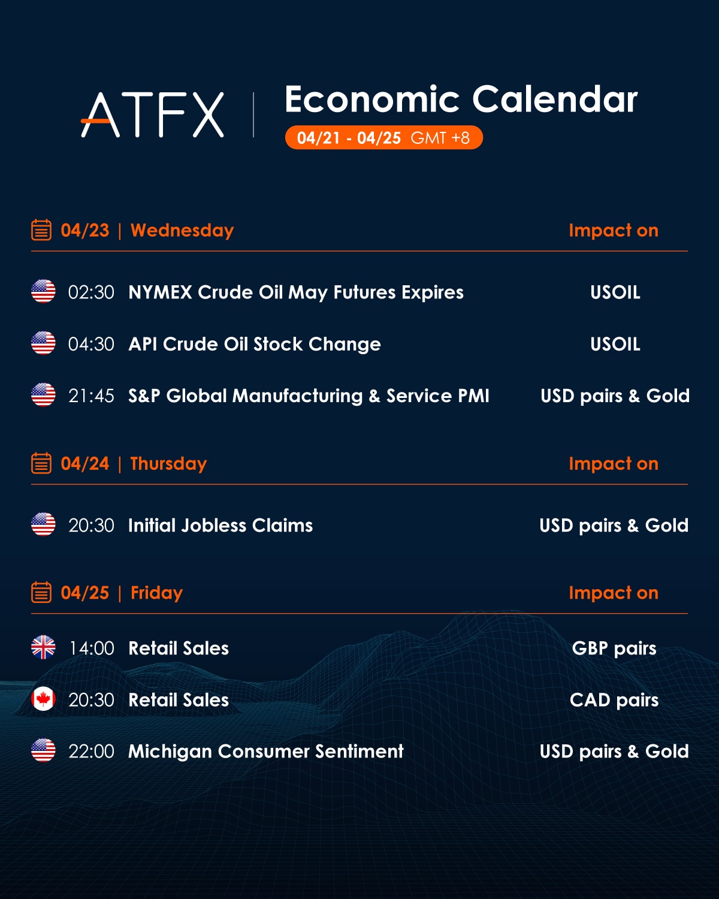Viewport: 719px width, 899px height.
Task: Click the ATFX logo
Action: (153, 114)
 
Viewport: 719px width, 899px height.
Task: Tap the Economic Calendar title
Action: (461, 99)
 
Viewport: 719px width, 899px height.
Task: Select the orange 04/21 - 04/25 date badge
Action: (383, 137)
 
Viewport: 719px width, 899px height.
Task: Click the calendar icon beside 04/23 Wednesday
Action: (41, 230)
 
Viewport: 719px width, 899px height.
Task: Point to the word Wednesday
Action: (182, 231)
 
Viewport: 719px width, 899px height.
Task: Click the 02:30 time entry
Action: (91, 292)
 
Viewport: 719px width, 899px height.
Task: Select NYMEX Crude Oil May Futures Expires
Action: (296, 292)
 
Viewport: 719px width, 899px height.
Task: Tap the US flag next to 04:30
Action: (43, 343)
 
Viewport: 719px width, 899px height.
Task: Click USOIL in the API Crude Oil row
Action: (615, 344)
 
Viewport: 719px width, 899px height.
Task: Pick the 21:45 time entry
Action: (91, 396)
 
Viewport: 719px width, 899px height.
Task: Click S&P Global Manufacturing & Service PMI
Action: (309, 396)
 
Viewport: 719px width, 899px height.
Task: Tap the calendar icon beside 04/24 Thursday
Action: (41, 463)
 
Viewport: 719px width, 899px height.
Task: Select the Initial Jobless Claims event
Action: (220, 526)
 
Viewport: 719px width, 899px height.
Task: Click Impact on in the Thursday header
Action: (614, 464)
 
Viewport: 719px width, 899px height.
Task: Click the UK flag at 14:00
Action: (43, 647)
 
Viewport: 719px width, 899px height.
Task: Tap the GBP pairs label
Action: (614, 648)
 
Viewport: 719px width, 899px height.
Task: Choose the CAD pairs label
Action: (614, 701)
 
